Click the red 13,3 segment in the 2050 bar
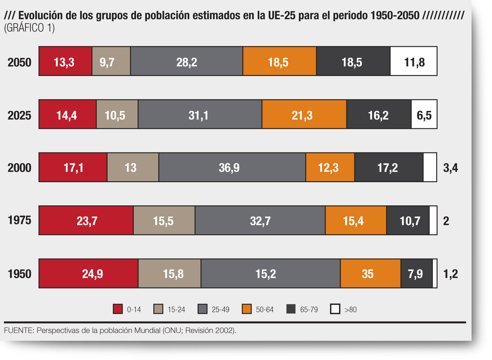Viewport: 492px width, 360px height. click(x=65, y=61)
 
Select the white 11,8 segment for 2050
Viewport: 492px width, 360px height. click(x=414, y=61)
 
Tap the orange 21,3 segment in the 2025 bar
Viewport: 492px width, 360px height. click(x=305, y=114)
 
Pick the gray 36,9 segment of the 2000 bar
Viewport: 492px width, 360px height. click(x=232, y=167)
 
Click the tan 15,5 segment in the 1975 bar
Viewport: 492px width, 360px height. click(x=164, y=221)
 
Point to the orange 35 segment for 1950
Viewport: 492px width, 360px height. click(x=371, y=274)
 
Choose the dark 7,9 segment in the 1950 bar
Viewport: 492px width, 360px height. click(x=417, y=274)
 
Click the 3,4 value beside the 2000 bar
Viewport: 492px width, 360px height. click(x=450, y=168)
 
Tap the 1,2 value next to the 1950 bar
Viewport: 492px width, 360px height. click(x=450, y=274)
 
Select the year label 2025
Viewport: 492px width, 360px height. click(x=20, y=116)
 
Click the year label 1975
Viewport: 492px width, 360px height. click(x=20, y=220)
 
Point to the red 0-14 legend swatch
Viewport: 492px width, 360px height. click(x=118, y=309)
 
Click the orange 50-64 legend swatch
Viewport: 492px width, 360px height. click(x=247, y=309)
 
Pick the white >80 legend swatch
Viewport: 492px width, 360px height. click(x=335, y=309)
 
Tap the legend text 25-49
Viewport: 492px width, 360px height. click(x=221, y=310)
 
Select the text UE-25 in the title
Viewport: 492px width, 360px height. click(x=282, y=15)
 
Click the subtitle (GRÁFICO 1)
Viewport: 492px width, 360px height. click(x=29, y=28)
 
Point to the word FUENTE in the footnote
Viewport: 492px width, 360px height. click(x=19, y=331)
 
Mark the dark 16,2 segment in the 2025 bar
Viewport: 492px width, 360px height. click(x=379, y=114)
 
